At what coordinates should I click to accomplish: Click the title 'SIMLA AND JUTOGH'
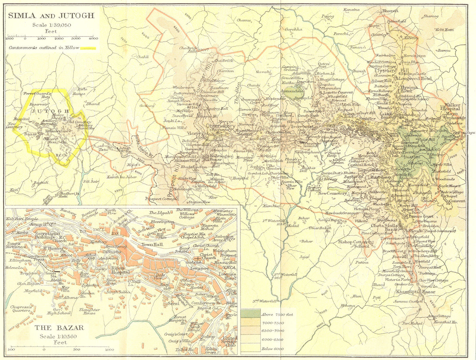tap(51, 16)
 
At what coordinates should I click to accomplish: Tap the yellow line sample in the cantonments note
tap(88, 48)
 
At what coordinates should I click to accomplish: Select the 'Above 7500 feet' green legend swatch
tap(250, 314)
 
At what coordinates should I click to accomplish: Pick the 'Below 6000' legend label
tap(273, 349)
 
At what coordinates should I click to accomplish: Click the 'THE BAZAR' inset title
tap(59, 328)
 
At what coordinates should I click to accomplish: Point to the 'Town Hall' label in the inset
tap(151, 244)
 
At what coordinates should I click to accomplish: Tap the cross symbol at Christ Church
tap(198, 258)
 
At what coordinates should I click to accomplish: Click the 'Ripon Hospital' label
tap(120, 270)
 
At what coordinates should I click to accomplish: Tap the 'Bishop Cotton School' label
tap(353, 244)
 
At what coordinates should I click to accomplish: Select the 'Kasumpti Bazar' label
tap(415, 292)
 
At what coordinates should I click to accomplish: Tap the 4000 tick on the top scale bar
tap(93, 38)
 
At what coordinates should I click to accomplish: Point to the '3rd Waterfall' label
tap(264, 301)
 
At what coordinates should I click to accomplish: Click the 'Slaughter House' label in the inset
tap(90, 311)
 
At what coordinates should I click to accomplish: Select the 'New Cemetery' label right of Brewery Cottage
tap(332, 193)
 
